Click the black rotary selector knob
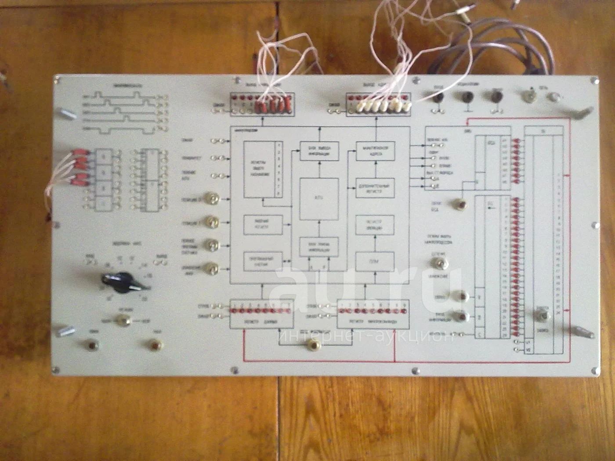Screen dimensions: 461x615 coord(119,281)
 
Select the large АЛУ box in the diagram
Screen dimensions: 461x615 coord(319,199)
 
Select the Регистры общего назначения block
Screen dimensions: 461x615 coord(263,169)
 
